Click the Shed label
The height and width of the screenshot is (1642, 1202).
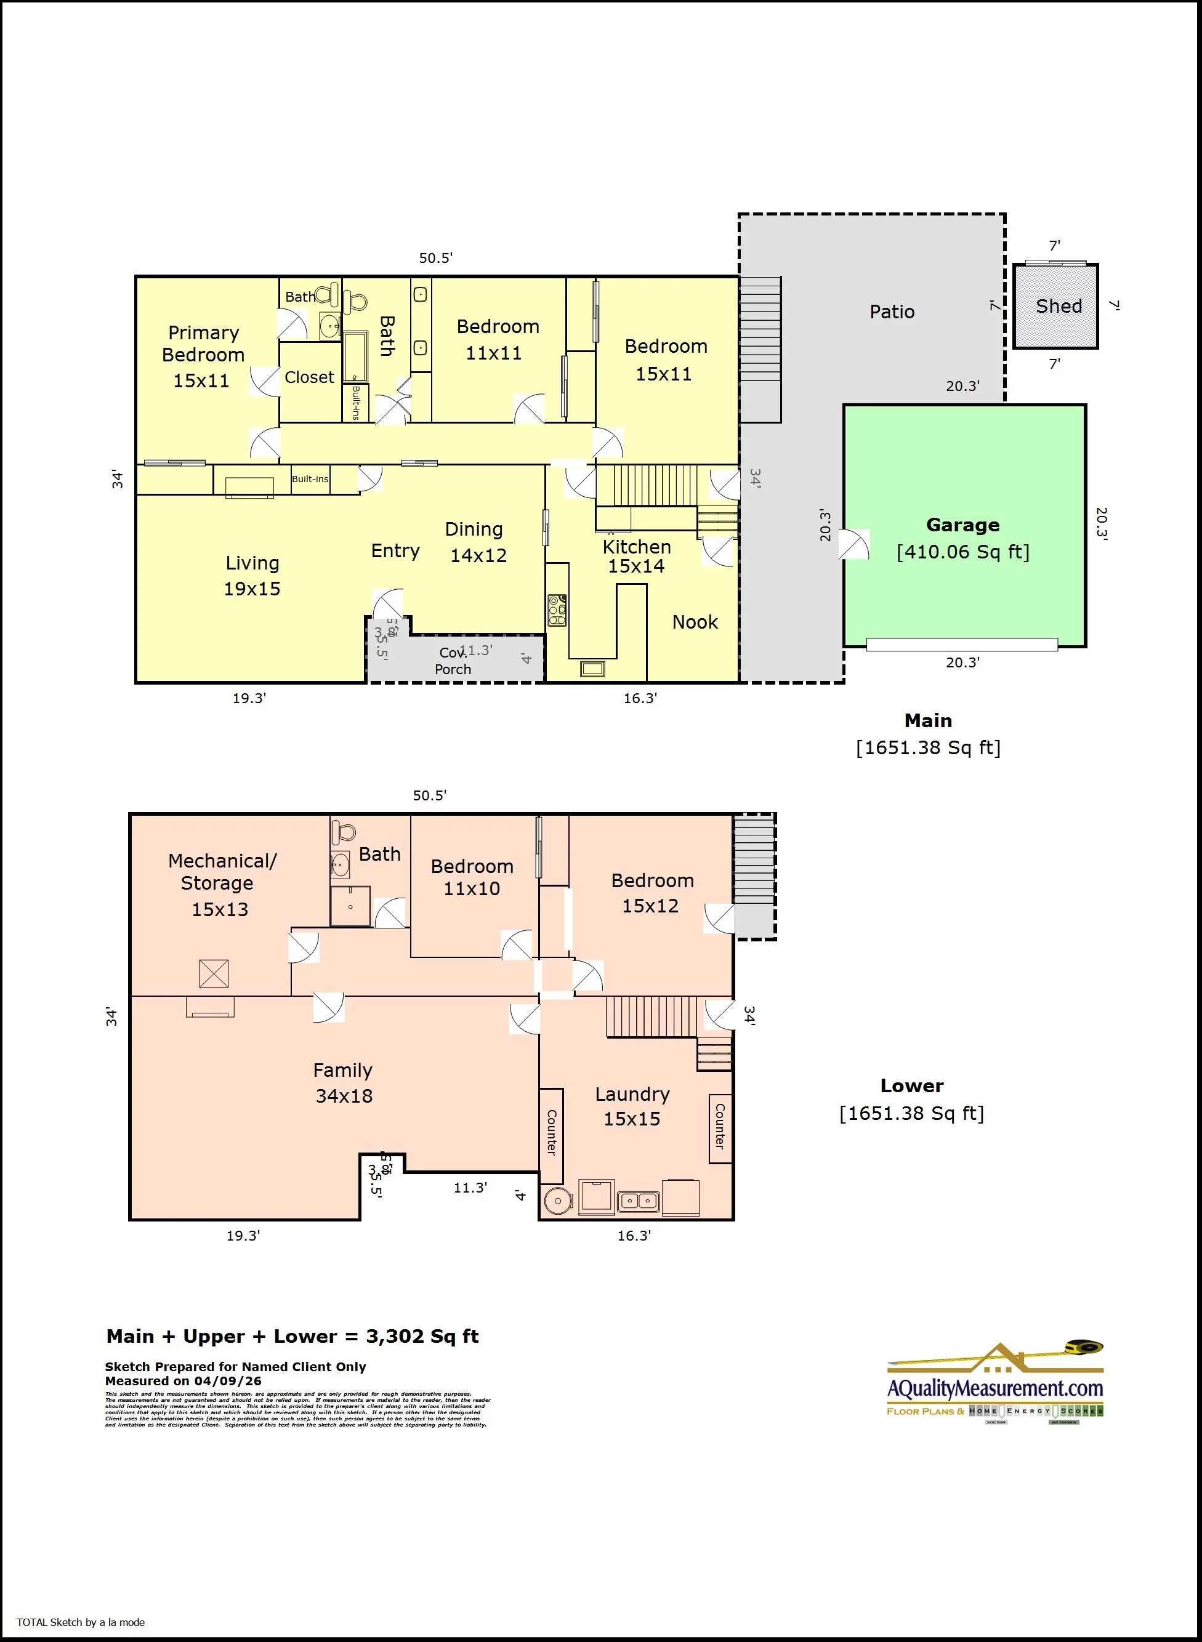[1059, 306]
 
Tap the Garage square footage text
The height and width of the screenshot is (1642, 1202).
[962, 552]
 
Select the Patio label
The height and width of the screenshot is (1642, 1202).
[892, 312]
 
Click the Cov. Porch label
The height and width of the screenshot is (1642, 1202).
[453, 661]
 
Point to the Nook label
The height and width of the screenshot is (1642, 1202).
[695, 622]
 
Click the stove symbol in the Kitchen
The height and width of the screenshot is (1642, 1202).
[557, 610]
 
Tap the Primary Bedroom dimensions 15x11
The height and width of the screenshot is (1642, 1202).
[201, 380]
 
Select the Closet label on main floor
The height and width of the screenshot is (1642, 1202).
[309, 377]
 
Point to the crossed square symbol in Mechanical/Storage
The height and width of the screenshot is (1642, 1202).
[214, 973]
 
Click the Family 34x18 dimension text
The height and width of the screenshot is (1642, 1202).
[344, 1096]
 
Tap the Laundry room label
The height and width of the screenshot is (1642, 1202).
[632, 1094]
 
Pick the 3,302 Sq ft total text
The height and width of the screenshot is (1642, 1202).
[422, 1337]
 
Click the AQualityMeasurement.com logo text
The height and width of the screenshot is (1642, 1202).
[994, 1388]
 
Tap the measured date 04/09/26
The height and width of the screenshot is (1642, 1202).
[228, 1381]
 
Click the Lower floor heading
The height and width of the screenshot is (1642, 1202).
[912, 1085]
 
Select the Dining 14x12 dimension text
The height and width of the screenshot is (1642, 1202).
[478, 556]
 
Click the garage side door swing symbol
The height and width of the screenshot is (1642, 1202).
[854, 544]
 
